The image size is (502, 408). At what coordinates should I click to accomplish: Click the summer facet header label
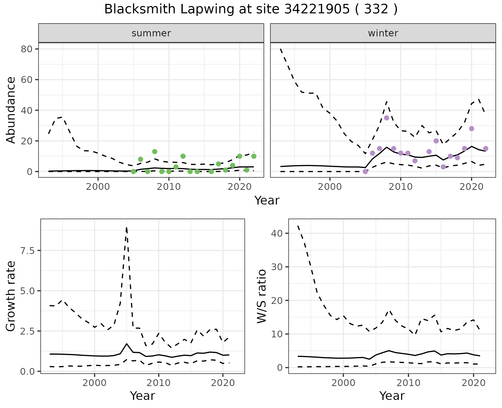tap(151, 33)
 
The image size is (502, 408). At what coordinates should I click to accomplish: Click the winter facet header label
tap(383, 33)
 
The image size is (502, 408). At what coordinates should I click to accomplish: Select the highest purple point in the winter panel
tap(386, 118)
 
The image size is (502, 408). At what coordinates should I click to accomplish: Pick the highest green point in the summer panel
tap(155, 152)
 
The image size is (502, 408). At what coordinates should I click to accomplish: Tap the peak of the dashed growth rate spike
tap(127, 228)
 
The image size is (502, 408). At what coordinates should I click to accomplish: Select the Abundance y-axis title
tap(11, 110)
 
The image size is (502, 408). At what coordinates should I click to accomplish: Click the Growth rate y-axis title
tap(11, 296)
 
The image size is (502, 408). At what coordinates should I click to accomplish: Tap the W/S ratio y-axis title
tap(261, 296)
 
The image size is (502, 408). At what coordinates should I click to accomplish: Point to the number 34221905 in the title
tap(316, 9)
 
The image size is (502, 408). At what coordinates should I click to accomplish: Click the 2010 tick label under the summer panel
tap(169, 187)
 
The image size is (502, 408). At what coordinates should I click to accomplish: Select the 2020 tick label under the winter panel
tap(471, 187)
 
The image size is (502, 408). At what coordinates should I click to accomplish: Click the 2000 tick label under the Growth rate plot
tap(94, 383)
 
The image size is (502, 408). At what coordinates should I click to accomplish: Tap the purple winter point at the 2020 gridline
tap(471, 129)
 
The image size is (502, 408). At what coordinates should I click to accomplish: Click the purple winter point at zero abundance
tap(365, 172)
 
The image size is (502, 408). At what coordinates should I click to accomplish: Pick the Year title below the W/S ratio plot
tap(392, 396)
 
